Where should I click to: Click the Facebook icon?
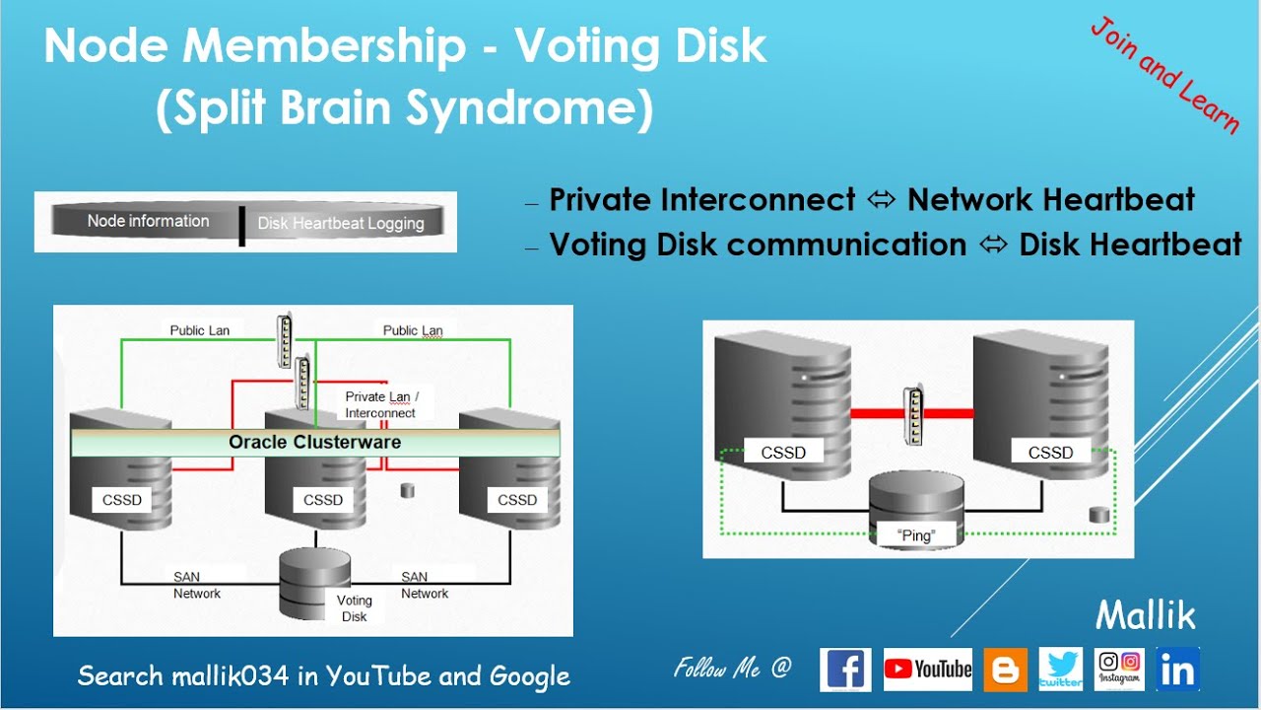coord(845,670)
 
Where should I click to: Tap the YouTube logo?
coord(927,670)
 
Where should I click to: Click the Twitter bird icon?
coord(1060,670)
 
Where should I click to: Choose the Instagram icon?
coord(1119,669)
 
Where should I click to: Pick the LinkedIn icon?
coord(1177,669)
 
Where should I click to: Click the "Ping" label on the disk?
coord(916,535)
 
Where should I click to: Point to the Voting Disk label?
coord(354,607)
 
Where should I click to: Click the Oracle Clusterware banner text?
coord(315,442)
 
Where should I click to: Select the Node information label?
coord(148,221)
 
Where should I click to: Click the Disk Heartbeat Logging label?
coord(341,223)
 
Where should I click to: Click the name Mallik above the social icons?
coord(1146,616)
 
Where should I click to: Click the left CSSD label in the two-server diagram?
coord(783,453)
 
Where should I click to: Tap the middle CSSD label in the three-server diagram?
coord(323,500)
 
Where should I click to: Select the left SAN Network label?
coord(197,585)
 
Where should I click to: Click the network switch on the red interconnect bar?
coord(912,413)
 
